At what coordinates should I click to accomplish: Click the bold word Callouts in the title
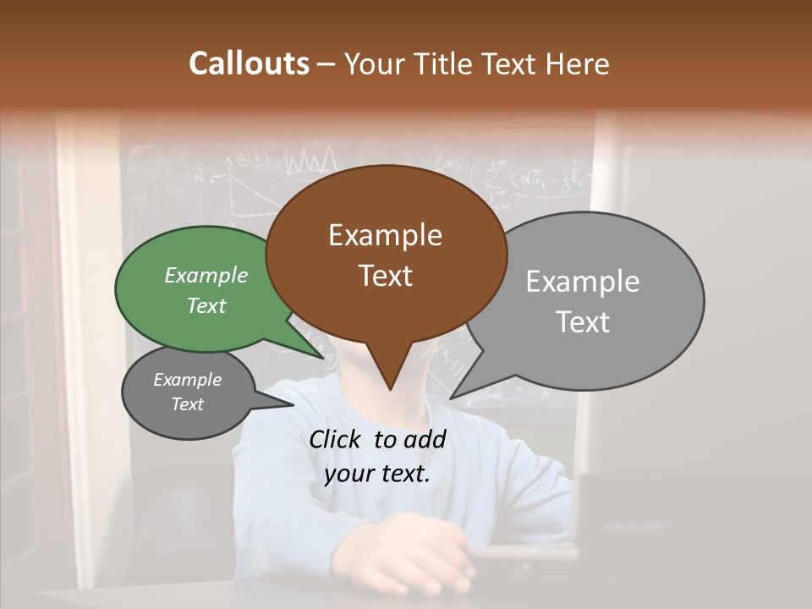click(x=249, y=63)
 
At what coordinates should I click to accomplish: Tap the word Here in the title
click(x=578, y=63)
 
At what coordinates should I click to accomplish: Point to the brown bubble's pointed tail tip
click(x=390, y=389)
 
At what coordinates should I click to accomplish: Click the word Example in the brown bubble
click(x=386, y=235)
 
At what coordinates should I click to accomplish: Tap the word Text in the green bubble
click(x=206, y=306)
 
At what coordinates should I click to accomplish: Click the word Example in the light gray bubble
click(x=583, y=282)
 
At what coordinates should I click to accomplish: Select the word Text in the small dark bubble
click(x=188, y=404)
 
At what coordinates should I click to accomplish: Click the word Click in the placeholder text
click(x=337, y=439)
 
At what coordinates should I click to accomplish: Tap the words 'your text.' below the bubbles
click(x=377, y=474)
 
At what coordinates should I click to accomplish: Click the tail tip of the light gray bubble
click(x=450, y=398)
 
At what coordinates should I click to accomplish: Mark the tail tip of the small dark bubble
click(x=294, y=405)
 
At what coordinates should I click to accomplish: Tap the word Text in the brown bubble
click(x=386, y=276)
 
